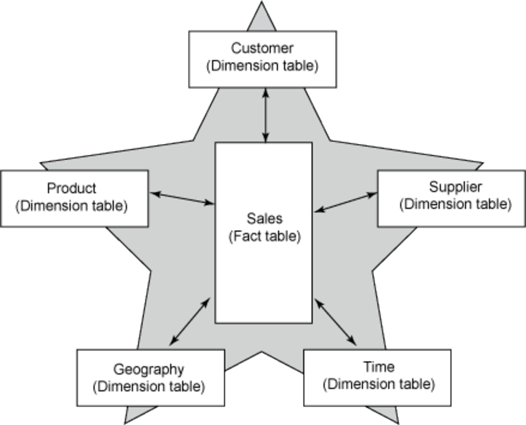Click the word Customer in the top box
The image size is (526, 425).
tap(262, 49)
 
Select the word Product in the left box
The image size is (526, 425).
tap(71, 188)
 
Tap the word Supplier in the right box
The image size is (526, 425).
tap(455, 187)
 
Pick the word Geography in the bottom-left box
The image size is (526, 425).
tap(149, 368)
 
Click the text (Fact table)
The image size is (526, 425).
tap(264, 236)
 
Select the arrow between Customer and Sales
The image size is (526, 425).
tap(266, 115)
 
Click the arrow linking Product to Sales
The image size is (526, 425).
tap(182, 198)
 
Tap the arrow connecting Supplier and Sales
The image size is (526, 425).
tap(346, 202)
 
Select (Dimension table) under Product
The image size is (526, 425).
tap(71, 205)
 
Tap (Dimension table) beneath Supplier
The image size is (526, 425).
tap(455, 204)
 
